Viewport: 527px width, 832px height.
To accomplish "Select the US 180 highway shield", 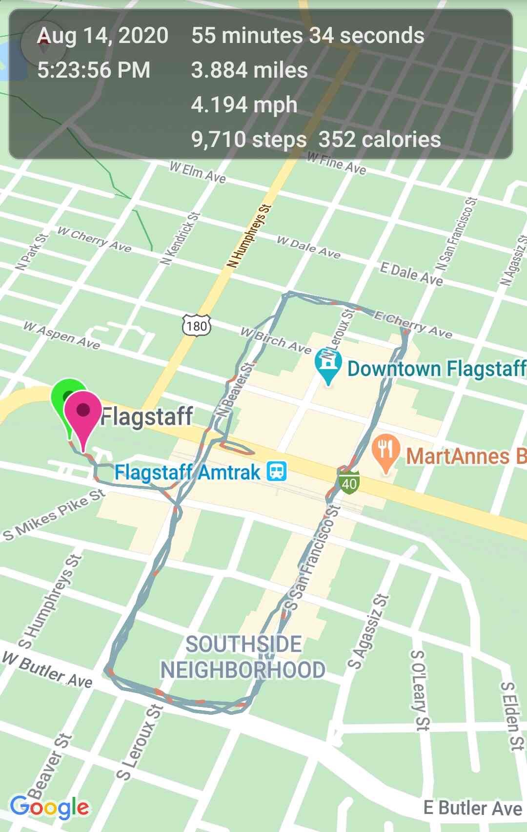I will click(x=197, y=325).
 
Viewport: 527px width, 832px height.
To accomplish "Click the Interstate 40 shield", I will click(x=349, y=482).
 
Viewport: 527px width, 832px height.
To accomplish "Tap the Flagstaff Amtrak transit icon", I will click(x=277, y=472).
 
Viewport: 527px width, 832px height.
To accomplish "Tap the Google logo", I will click(x=49, y=808).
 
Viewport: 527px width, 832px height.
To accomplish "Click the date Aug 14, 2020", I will click(x=103, y=36).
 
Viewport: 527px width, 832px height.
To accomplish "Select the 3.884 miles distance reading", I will click(x=249, y=70).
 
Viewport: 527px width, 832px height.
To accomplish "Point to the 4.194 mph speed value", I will click(x=244, y=105).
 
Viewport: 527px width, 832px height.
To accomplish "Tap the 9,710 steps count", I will click(x=249, y=140).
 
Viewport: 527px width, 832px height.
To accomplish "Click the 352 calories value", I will click(x=380, y=140).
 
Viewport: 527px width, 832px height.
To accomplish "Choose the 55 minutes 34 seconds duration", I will click(x=307, y=36).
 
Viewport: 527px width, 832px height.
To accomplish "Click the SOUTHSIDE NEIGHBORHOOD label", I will click(x=243, y=657).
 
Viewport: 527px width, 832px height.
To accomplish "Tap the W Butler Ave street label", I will click(x=47, y=670).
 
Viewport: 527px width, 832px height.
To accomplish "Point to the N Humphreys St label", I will click(x=249, y=236).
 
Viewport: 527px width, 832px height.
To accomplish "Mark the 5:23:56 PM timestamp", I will click(x=94, y=70).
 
